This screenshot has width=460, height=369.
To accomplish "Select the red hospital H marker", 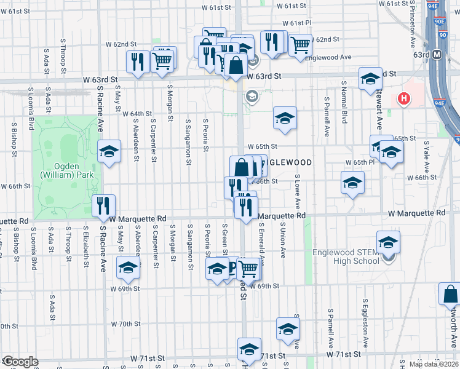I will (x=404, y=98).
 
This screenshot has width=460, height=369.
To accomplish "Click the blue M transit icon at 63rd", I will (x=437, y=55).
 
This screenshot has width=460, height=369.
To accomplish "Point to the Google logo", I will (x=20, y=362).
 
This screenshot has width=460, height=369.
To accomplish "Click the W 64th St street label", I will (x=137, y=114).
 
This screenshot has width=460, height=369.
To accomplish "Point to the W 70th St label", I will (x=126, y=323).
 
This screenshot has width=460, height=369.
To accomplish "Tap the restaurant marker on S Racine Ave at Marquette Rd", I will (x=103, y=205).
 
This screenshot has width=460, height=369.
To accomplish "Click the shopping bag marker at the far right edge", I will (x=450, y=293).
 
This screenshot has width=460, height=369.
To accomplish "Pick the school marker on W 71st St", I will (x=249, y=349).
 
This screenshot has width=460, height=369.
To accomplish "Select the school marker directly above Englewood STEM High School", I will (x=388, y=242).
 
